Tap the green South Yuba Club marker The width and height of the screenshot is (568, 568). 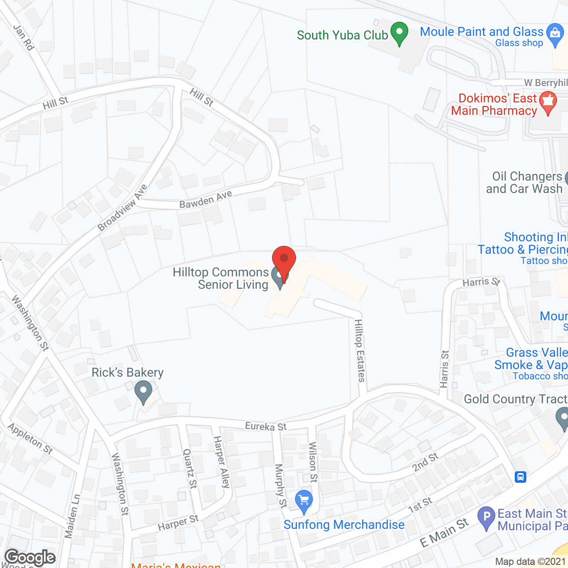[x=399, y=33]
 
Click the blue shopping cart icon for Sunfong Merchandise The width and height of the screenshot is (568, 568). [x=304, y=501]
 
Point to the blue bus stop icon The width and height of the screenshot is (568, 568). [x=521, y=477]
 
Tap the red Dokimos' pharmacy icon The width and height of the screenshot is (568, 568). [x=548, y=103]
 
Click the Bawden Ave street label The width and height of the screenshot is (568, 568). [x=205, y=199]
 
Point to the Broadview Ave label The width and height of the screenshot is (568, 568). [x=122, y=208]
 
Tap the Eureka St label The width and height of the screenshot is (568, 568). [x=266, y=426]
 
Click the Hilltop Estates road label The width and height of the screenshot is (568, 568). [x=360, y=351]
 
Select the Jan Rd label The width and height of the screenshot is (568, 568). [x=24, y=37]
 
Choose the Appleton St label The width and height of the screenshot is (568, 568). [x=30, y=439]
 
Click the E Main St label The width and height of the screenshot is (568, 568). [x=444, y=533]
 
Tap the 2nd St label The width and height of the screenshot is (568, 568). [x=425, y=462]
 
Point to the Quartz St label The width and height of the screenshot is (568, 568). [x=190, y=469]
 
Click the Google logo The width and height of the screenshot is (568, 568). [x=30, y=557]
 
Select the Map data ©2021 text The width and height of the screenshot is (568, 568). [x=530, y=562]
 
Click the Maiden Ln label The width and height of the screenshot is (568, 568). [x=72, y=516]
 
